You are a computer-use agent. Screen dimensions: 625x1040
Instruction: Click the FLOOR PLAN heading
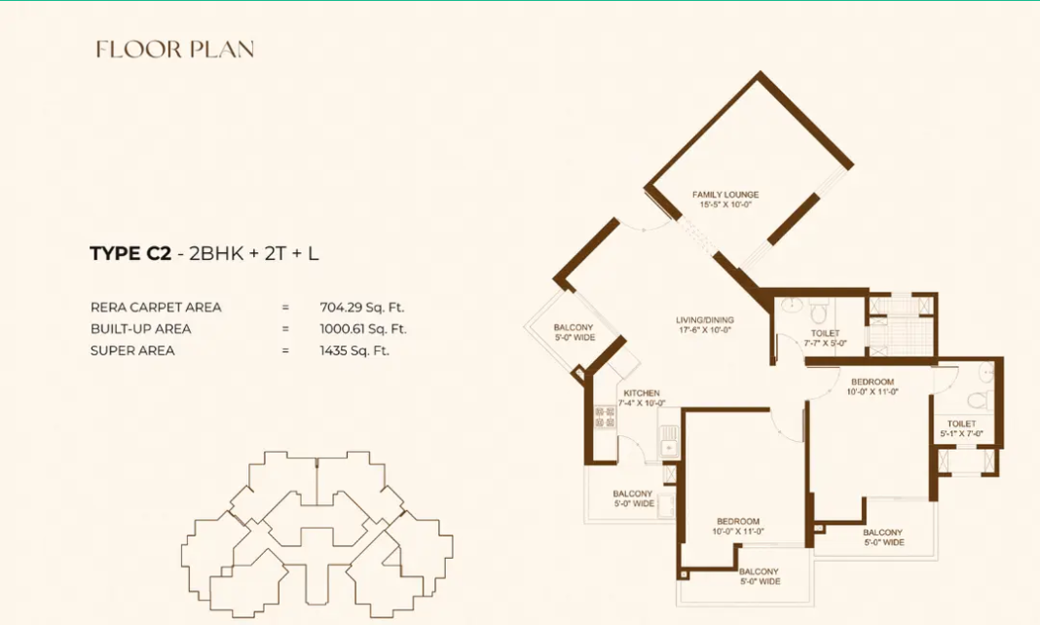coord(175,50)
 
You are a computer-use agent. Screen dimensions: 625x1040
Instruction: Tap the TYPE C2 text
coord(130,254)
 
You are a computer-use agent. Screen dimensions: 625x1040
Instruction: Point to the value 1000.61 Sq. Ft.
coord(363,329)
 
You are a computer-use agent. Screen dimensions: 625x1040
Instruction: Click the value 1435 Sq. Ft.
coord(354,350)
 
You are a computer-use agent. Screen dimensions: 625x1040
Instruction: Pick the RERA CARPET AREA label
coord(156,307)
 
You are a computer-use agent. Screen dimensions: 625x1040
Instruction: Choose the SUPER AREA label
coord(132,350)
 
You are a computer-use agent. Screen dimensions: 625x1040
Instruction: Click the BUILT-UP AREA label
coord(140,329)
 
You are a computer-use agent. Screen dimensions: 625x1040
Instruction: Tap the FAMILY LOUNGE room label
coord(725,195)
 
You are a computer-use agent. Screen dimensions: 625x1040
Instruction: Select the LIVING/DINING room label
coord(705,319)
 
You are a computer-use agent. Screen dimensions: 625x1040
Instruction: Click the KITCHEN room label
coord(642,392)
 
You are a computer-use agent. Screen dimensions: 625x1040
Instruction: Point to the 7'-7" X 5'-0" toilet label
coord(825,343)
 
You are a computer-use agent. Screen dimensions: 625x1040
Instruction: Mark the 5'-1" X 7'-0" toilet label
coord(961,434)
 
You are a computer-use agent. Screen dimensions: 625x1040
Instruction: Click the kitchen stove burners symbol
coord(605,417)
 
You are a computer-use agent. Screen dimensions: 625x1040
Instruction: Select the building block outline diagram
coord(316,531)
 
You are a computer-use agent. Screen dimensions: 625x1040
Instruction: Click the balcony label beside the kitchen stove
coord(633,498)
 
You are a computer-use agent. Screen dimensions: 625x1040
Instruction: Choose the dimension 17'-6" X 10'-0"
coord(705,330)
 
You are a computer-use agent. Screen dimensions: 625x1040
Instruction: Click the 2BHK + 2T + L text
coord(254,254)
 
